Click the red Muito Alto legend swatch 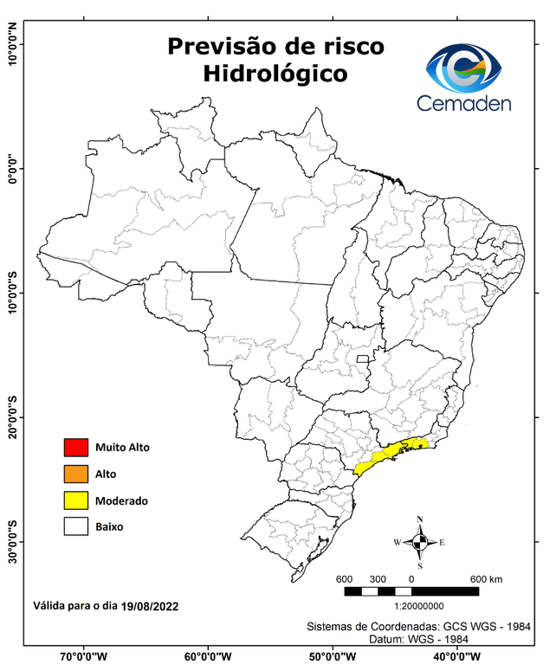76,448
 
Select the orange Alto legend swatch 76,474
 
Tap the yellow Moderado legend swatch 76,500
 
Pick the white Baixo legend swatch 76,526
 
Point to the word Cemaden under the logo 464,104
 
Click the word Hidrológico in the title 275,74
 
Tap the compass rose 419,542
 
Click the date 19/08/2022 150,606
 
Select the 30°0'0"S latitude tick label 11,541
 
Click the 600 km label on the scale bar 488,578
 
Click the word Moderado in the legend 121,500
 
